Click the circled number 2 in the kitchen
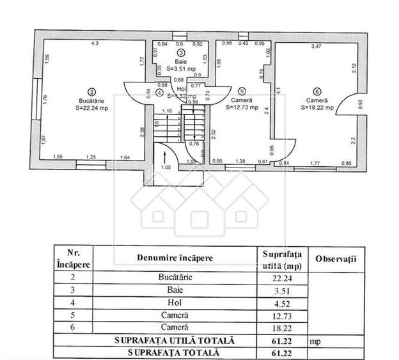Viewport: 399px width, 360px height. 92,91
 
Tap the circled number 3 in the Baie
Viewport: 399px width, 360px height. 181,53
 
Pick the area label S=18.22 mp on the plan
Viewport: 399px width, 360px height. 317,108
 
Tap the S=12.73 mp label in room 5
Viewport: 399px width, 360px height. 242,108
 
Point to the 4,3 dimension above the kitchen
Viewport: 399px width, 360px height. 94,43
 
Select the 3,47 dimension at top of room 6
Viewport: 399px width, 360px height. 316,46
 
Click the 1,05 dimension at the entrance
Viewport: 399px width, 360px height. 166,168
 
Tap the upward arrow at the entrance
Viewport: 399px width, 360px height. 166,154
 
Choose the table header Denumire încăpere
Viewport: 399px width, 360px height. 175,258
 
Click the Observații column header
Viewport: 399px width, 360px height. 335,258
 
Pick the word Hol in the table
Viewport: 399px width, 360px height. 175,302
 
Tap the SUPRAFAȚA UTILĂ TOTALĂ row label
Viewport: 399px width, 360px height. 174,341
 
